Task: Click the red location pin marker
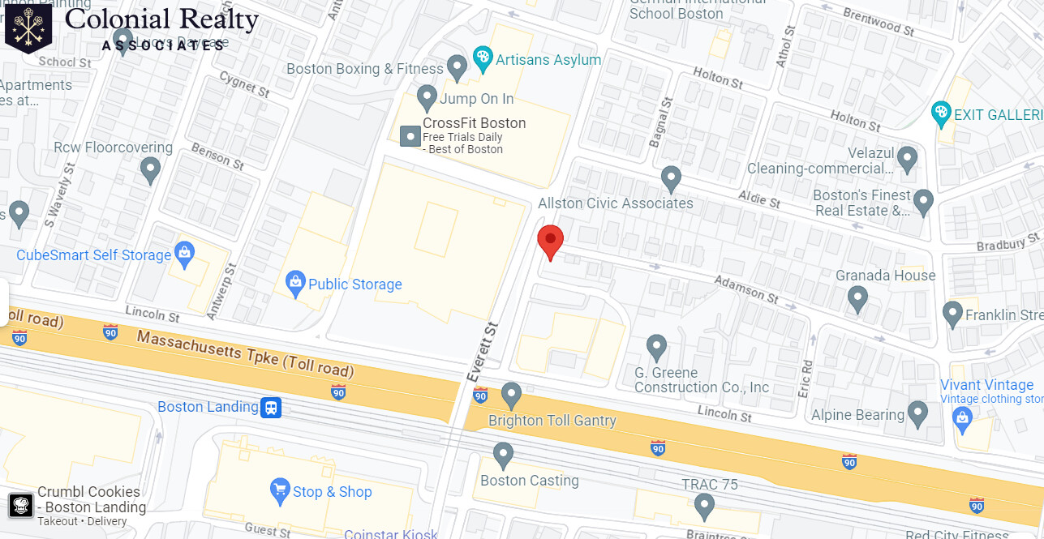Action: coord(551,241)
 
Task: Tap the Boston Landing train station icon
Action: coord(271,407)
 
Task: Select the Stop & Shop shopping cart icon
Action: coord(280,490)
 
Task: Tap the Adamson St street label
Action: coord(745,289)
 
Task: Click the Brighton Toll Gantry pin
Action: coord(511,396)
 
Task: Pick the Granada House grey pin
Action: coord(857,299)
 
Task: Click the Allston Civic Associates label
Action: coord(616,203)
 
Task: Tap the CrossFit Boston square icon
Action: coord(410,135)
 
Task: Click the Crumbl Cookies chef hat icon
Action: coord(21,506)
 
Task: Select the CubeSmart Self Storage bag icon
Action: coord(185,255)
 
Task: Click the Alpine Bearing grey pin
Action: coord(917,413)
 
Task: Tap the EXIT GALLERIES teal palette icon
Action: coord(941,113)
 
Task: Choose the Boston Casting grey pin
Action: coord(504,455)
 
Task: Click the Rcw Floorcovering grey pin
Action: coord(150,169)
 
